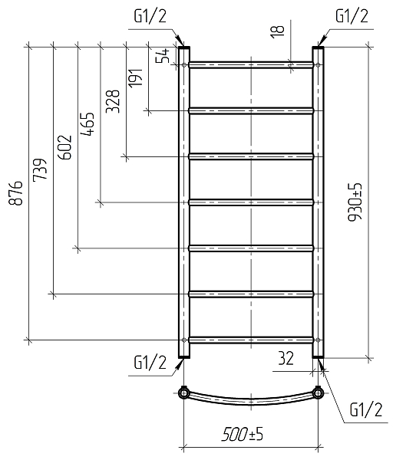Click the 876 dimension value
[x=15, y=193]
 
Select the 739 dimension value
[x=40, y=169]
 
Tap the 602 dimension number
[x=65, y=147]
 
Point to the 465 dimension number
[x=87, y=124]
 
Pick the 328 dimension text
[x=113, y=101]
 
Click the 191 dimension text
[x=135, y=77]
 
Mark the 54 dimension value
[x=163, y=56]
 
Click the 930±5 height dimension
[x=355, y=202]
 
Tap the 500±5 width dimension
[x=243, y=434]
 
